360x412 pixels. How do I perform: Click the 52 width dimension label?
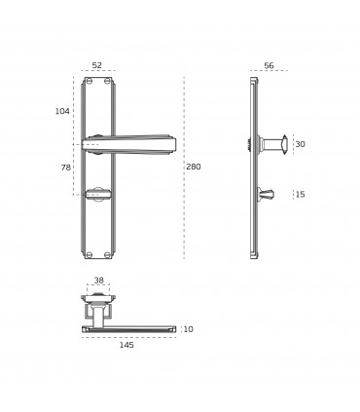coord(96,65)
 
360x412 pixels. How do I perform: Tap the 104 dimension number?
coord(62,111)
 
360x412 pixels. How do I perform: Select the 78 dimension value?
coord(65,168)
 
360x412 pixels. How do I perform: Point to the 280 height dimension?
coord(194,167)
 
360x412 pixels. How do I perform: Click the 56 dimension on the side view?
coord(269,65)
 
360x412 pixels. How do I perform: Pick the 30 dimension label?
coord(301,144)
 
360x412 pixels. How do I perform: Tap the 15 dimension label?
coord(301,195)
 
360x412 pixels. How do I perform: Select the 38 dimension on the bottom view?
coord(98,280)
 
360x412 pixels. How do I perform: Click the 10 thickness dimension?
coord(188,329)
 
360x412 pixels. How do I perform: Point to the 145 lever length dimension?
coord(126,345)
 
